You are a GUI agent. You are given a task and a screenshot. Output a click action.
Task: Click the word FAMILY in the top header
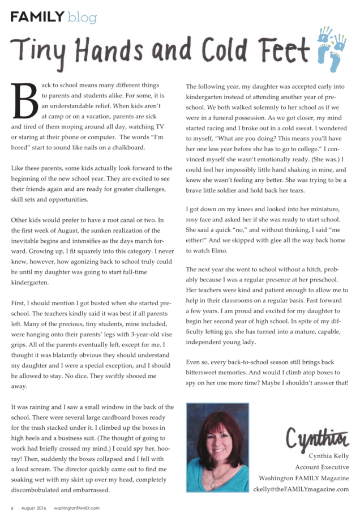tap(37, 16)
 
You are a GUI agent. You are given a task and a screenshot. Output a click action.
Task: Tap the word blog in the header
tap(82, 18)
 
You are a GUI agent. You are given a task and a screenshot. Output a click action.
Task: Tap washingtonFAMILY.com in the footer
tap(77, 507)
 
